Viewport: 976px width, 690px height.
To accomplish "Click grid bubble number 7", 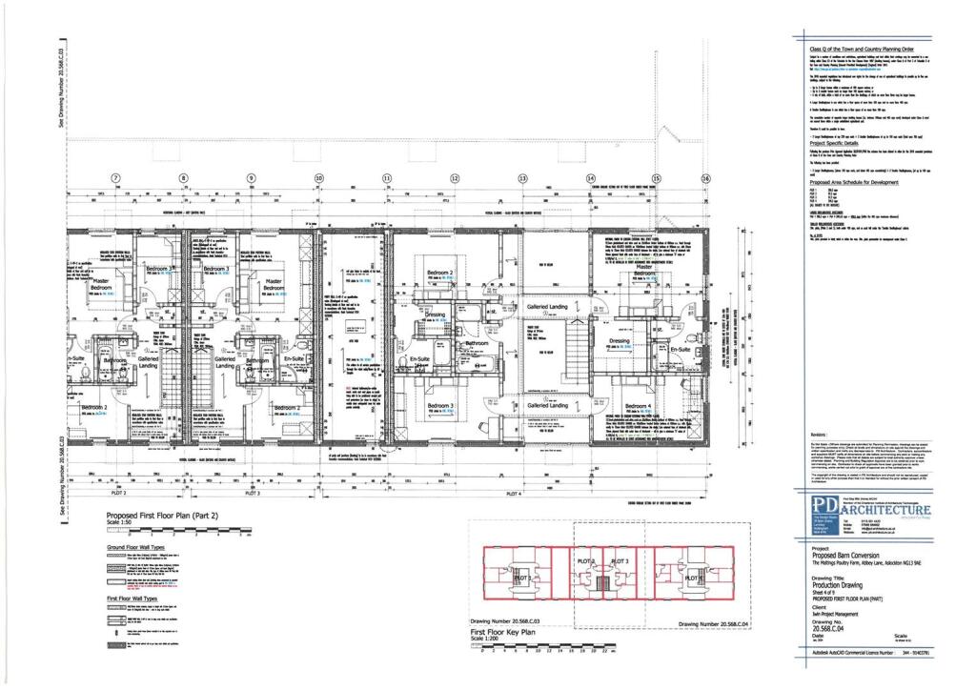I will point(116,178).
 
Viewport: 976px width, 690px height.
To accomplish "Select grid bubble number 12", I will point(455,178).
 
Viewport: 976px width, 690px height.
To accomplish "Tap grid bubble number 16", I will point(706,178).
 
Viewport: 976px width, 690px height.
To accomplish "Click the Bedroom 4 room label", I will point(638,407).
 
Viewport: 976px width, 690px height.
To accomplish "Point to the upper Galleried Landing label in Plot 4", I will point(549,307).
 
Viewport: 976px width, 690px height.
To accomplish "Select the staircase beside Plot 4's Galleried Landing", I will point(580,350).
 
